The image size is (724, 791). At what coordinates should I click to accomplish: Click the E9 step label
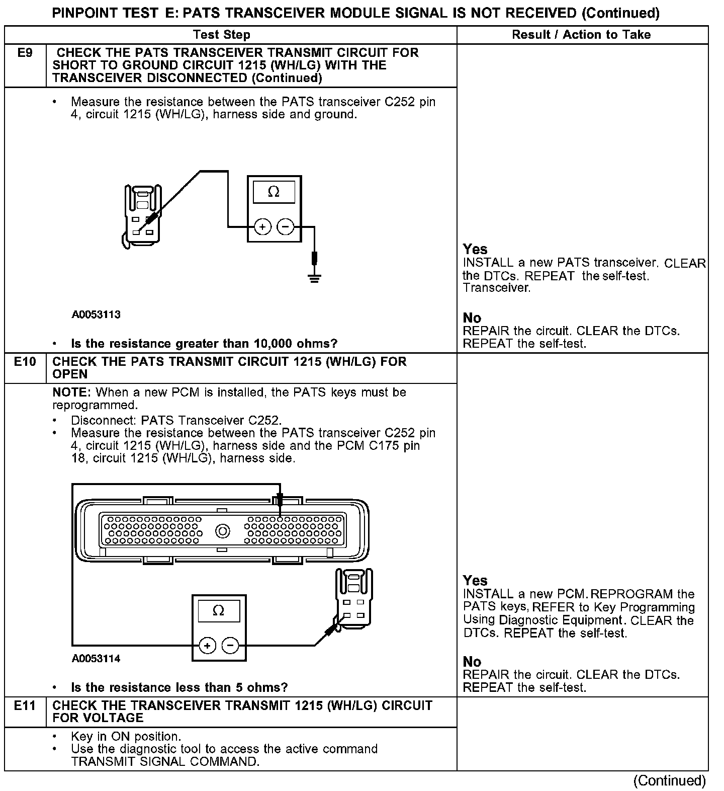[25, 53]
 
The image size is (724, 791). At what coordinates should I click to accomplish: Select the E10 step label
[25, 362]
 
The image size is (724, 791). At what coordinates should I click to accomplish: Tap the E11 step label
[25, 705]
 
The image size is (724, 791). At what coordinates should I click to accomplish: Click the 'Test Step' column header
[222, 35]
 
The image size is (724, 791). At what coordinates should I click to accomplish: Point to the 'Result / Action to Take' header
[581, 35]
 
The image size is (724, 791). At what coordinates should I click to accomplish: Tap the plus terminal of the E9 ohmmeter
[262, 227]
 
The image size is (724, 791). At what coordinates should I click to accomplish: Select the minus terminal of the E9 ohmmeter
[286, 227]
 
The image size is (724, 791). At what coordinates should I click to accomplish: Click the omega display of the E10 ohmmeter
[219, 611]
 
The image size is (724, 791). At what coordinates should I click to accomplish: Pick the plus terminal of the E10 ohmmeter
[207, 645]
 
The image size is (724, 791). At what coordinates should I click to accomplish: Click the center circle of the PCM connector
[223, 531]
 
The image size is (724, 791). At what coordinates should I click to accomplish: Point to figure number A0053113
[96, 315]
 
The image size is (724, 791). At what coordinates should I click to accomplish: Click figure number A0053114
[96, 659]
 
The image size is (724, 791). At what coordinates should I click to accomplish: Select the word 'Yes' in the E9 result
[475, 249]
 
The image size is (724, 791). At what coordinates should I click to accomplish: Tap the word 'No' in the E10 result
[472, 662]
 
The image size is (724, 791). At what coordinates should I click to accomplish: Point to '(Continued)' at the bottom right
[669, 780]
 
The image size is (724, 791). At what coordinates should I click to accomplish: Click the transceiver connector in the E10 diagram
[354, 599]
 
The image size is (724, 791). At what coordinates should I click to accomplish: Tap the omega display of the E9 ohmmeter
[274, 192]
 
